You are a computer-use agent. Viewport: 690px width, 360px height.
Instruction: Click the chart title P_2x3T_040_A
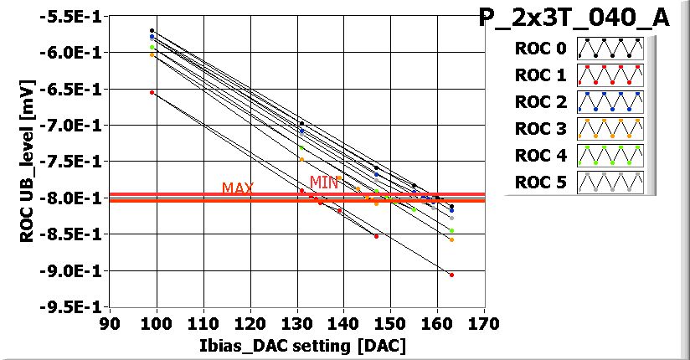[574, 18]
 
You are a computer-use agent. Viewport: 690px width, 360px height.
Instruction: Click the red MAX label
[238, 188]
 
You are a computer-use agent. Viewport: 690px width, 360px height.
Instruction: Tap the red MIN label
[323, 183]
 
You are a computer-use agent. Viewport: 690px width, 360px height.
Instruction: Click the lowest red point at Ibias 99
[152, 92]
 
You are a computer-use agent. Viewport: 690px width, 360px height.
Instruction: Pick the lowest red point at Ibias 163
[451, 275]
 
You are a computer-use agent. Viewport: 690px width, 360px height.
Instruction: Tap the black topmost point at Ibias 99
[152, 30]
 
